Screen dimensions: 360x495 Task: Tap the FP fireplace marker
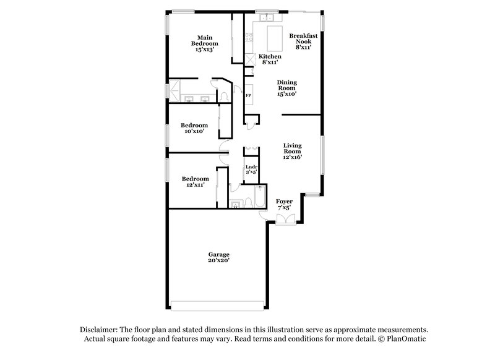(248, 96)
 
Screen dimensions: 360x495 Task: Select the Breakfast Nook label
(303, 41)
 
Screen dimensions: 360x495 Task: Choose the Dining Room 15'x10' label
(286, 88)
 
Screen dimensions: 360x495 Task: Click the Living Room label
(292, 151)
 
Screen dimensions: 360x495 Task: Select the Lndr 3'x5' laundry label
(251, 170)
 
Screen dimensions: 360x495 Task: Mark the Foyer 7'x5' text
(285, 205)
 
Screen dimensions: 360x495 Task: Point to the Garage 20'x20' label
(218, 258)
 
